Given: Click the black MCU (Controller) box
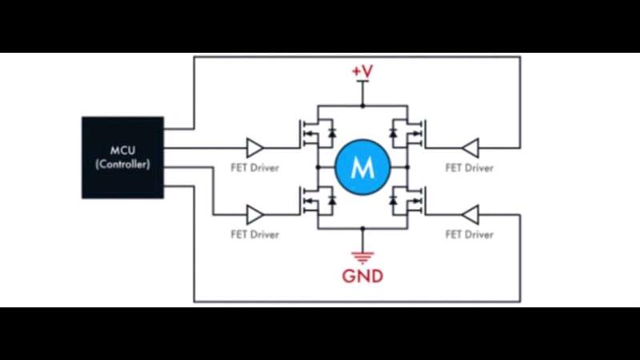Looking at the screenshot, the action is point(123,158).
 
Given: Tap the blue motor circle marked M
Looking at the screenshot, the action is point(362,167).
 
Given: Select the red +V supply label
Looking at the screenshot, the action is point(362,71).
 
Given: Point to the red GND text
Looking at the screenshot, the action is point(362,276).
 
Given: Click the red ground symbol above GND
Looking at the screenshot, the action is point(362,258).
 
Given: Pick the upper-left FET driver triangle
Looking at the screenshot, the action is point(254,148).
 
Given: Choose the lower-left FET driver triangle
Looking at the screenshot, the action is point(254,214).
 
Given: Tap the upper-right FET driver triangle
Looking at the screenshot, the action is point(470,148).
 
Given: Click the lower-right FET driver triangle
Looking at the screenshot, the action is point(470,214).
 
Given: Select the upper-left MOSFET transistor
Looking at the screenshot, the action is point(318,133).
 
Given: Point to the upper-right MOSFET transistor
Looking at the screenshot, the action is point(408,133).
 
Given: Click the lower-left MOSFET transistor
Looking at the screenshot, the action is point(318,200).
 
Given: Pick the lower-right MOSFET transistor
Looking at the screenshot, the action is point(408,200).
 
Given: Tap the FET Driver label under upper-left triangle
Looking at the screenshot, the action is point(254,168).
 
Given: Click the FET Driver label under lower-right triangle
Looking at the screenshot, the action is point(470,234).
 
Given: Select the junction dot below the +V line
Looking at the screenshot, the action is point(362,106).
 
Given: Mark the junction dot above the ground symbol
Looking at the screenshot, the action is point(362,229).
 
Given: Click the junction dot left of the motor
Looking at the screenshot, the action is point(318,167).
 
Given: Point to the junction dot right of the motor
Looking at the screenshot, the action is point(407,167).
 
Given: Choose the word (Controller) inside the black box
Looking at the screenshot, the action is point(123,164).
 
